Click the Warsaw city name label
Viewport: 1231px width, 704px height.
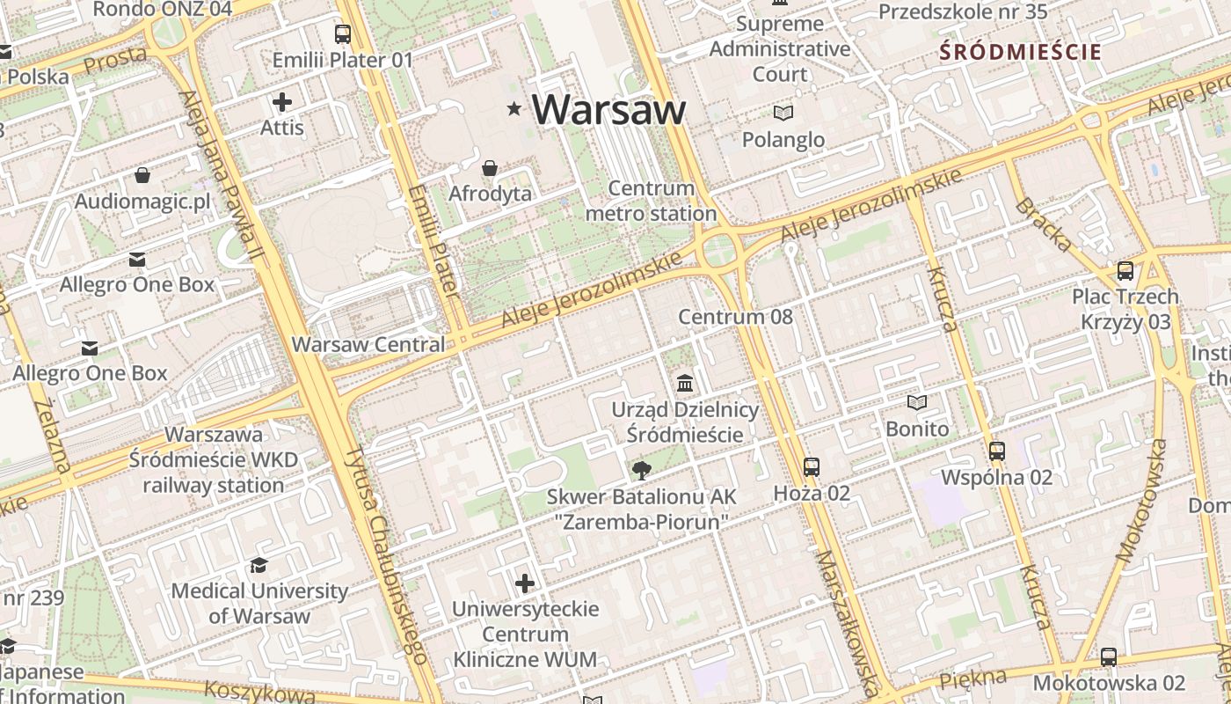tap(608, 109)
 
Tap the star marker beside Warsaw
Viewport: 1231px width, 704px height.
tap(514, 108)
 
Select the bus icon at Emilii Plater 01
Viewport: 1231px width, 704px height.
tap(343, 34)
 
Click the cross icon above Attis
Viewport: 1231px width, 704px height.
tap(282, 102)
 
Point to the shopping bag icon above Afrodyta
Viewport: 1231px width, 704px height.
tap(490, 167)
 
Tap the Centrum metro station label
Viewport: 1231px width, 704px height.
tap(652, 201)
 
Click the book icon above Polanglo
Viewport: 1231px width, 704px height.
tap(783, 113)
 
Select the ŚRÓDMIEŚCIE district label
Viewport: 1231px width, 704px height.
tap(1020, 51)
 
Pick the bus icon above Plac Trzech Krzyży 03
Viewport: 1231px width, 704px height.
tap(1125, 270)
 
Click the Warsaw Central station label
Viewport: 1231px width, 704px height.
tap(368, 344)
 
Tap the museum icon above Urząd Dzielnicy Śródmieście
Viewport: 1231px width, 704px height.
tap(685, 383)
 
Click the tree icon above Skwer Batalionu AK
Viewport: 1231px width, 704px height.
tap(642, 469)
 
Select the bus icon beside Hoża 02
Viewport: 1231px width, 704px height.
tap(812, 467)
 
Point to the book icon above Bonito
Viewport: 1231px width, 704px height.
tap(917, 402)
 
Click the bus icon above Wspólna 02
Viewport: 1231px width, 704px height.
tap(996, 451)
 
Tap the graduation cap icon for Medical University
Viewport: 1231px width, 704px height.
tap(259, 564)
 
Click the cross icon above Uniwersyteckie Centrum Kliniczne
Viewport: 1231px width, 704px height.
tap(525, 583)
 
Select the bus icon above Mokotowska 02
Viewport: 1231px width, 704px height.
tap(1109, 656)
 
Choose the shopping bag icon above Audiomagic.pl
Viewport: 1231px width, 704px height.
tap(142, 175)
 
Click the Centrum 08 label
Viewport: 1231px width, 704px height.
tap(735, 317)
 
